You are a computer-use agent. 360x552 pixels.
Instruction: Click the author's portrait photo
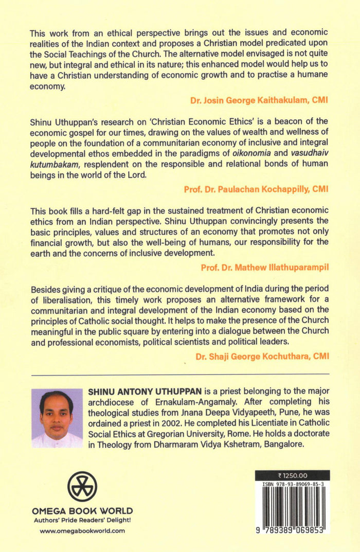click(57, 418)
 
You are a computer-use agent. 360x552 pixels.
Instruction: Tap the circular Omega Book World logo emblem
click(82, 487)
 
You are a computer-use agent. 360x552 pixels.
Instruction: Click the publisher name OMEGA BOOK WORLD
click(82, 511)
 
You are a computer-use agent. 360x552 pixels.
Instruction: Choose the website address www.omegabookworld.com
click(82, 531)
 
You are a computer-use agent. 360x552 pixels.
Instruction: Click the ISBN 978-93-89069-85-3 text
click(292, 485)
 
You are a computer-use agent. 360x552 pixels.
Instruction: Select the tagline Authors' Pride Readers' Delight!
click(82, 520)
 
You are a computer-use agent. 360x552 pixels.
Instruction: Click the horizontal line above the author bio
click(180, 373)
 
